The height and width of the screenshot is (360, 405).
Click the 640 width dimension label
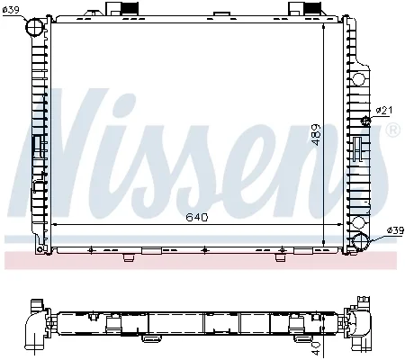point(197,217)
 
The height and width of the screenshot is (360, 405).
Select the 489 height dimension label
point(316,135)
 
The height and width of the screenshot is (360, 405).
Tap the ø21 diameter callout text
point(384,111)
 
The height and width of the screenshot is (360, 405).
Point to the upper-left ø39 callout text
point(11,10)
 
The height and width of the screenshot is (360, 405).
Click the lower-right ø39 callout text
point(396,230)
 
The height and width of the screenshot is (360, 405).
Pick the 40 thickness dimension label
point(317,348)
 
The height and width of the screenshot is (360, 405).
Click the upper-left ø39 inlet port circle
point(34,27)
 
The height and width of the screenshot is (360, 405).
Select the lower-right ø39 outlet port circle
point(361,242)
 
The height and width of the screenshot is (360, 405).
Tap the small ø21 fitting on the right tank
point(365,121)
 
